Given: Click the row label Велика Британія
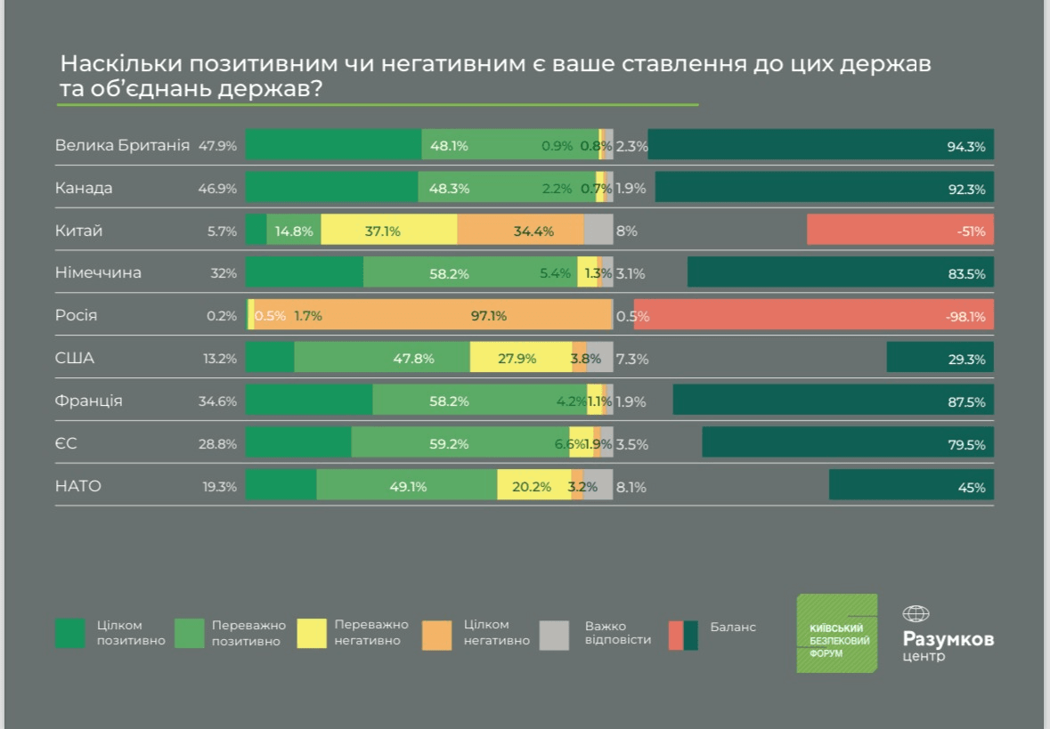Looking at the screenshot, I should pyautogui.click(x=122, y=145).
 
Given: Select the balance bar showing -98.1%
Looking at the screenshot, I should pyautogui.click(x=813, y=315).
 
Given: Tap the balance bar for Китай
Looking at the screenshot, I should pyautogui.click(x=899, y=231).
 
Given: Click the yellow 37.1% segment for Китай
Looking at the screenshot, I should pyautogui.click(x=388, y=231).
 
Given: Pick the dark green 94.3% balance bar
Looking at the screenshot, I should pyautogui.click(x=820, y=145).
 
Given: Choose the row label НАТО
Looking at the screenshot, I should pyautogui.click(x=78, y=486).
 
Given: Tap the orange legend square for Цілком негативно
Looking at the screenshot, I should pyautogui.click(x=436, y=634).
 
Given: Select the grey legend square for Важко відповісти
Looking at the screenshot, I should pyautogui.click(x=554, y=634).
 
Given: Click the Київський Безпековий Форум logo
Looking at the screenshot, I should pyautogui.click(x=836, y=633).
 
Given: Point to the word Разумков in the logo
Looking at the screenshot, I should pyautogui.click(x=948, y=639).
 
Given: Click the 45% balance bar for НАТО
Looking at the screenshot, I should pyautogui.click(x=911, y=486).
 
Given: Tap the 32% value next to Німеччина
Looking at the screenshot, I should pyautogui.click(x=224, y=273).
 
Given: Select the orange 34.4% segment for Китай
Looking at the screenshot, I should pyautogui.click(x=520, y=231).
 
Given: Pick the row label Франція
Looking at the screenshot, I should pyautogui.click(x=89, y=401).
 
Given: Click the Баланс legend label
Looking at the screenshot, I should pyautogui.click(x=733, y=627).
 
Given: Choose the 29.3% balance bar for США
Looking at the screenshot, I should pyautogui.click(x=940, y=358).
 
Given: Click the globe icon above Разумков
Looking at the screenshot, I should pyautogui.click(x=916, y=613).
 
